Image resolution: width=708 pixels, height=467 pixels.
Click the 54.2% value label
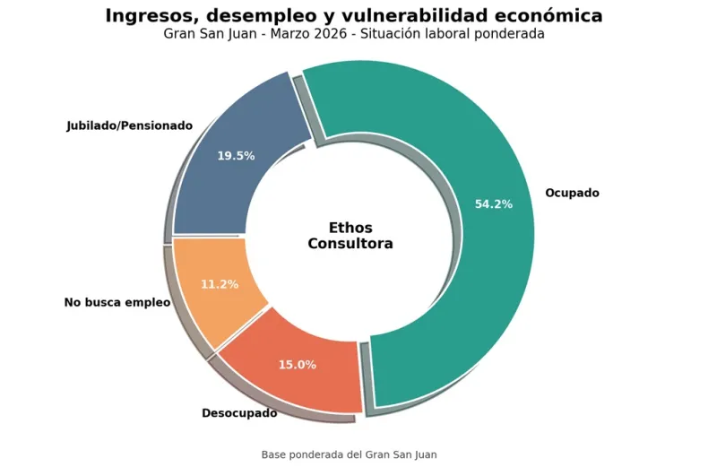(494, 204)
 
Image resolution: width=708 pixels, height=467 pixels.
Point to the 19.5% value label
(236, 156)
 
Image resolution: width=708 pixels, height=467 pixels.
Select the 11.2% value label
(220, 285)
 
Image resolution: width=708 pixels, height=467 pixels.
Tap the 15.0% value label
(298, 365)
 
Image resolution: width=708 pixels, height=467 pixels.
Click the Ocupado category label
(572, 193)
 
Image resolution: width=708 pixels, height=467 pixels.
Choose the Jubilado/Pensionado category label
(130, 125)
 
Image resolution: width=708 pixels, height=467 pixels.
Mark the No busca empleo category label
(117, 303)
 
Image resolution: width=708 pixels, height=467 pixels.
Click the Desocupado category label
(239, 413)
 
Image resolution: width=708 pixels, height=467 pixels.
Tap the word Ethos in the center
(350, 228)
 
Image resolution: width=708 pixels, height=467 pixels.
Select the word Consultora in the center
(350, 244)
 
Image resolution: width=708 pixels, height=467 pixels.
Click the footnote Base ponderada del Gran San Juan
(350, 454)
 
